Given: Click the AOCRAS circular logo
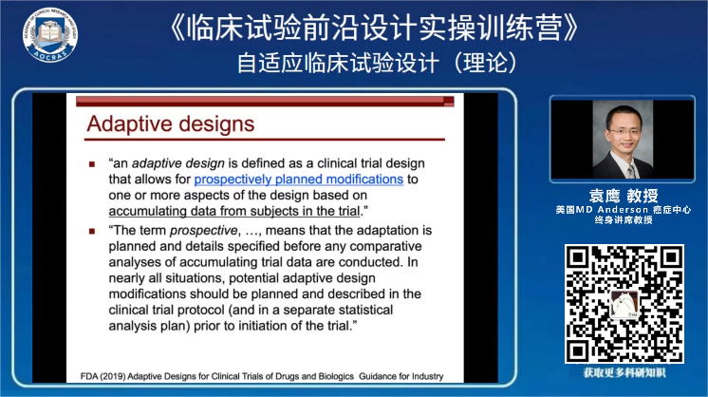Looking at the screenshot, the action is click(x=50, y=35).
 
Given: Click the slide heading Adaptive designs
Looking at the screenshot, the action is click(x=171, y=123).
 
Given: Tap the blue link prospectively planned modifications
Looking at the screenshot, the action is click(x=298, y=180).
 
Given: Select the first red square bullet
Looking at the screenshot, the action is click(x=92, y=164).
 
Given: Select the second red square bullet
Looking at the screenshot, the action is click(x=92, y=231).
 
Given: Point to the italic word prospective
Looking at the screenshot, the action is click(x=203, y=231).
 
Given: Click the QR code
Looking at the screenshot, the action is click(x=624, y=304).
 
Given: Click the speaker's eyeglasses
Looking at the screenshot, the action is click(x=624, y=131).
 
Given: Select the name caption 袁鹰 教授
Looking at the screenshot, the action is click(x=624, y=196).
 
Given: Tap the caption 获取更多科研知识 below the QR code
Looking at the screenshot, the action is click(x=624, y=372).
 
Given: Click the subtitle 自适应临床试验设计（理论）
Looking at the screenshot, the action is click(x=377, y=63).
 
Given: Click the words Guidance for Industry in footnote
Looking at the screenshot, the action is click(x=401, y=376).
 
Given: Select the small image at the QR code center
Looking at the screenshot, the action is click(x=624, y=304).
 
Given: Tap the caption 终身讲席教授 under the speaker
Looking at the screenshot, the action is click(x=624, y=220).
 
